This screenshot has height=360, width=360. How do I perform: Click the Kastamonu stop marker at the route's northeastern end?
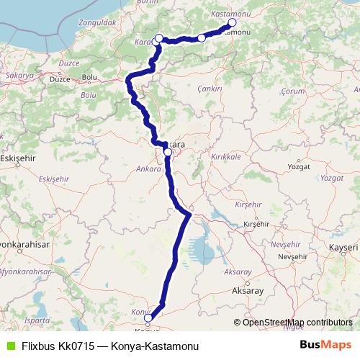(231, 22)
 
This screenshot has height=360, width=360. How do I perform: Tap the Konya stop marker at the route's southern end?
(148, 318)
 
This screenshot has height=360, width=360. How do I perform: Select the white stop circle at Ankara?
(167, 152)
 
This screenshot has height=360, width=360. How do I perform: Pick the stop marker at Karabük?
(159, 38)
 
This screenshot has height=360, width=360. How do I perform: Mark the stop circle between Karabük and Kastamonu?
(201, 37)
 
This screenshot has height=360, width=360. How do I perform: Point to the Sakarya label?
(19, 75)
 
